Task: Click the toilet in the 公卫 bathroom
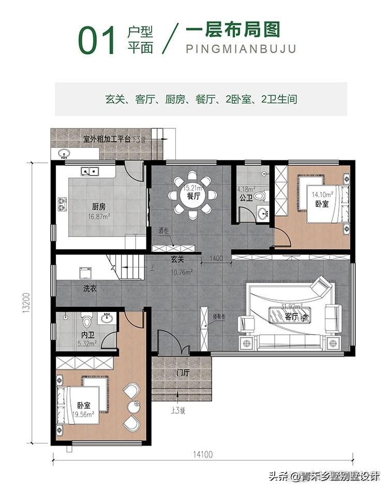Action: click(x=260, y=196)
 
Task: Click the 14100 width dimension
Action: click(x=202, y=455)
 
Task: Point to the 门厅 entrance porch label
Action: click(x=183, y=373)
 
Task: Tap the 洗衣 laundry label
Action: click(x=90, y=288)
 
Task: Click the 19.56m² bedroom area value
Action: click(x=82, y=414)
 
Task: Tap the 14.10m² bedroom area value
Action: click(x=321, y=195)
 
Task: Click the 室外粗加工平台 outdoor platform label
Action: click(x=107, y=139)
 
